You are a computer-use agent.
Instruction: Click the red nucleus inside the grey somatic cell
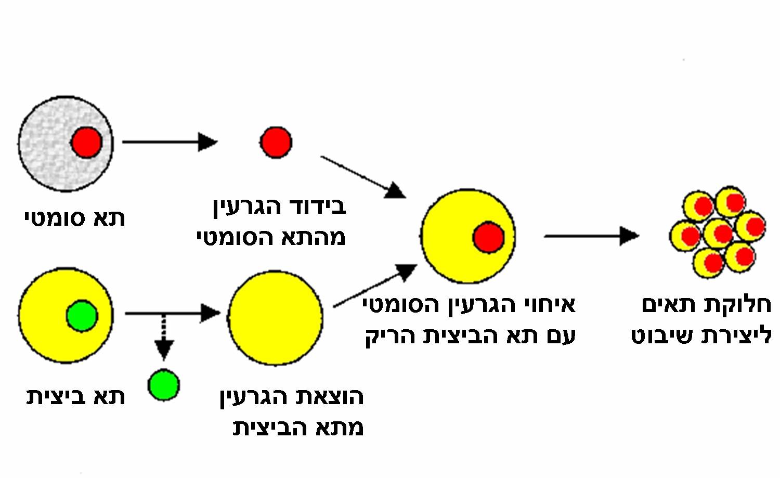click(x=86, y=142)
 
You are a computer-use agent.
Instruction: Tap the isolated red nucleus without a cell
click(x=276, y=142)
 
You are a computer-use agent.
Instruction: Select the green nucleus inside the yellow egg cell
click(x=82, y=316)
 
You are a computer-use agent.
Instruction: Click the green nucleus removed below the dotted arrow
click(x=164, y=385)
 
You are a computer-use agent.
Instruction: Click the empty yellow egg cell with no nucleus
click(x=275, y=318)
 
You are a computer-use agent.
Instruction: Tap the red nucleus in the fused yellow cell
click(x=488, y=237)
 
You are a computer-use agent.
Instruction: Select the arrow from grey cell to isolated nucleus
click(x=169, y=141)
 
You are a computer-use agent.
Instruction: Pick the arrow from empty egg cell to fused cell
click(x=374, y=286)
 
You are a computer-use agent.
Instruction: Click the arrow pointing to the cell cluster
click(x=591, y=236)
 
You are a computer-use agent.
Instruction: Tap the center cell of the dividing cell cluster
click(x=719, y=234)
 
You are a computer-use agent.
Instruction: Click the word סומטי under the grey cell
click(x=55, y=218)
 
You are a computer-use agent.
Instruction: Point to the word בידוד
click(x=317, y=206)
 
